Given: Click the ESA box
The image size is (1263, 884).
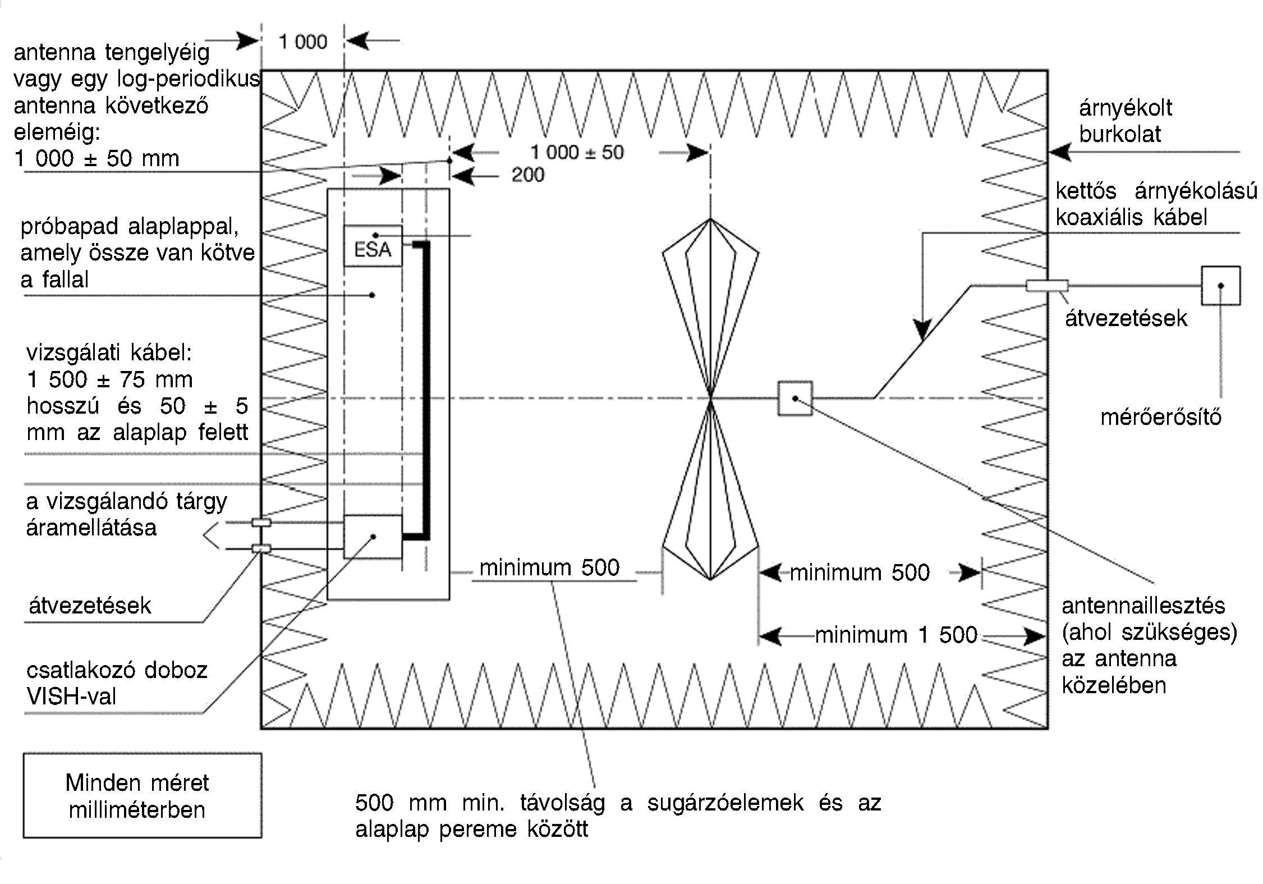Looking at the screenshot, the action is [x=373, y=246].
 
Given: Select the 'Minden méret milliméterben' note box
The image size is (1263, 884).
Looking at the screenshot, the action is [x=143, y=795].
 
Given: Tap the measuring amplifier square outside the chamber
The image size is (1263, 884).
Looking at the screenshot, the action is [x=1220, y=286].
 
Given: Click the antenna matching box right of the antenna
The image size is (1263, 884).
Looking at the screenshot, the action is [x=795, y=399].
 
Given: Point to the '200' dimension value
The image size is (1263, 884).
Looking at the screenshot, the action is [x=527, y=175].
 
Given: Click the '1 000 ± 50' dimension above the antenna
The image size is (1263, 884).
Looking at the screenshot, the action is [x=577, y=152].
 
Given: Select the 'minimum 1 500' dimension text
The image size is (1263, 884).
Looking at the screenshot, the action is [x=896, y=635].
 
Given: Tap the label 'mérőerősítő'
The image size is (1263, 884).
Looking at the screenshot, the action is [x=1161, y=417].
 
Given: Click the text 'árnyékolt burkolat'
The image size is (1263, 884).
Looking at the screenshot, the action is [x=1125, y=121].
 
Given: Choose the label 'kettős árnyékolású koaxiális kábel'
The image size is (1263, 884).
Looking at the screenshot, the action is [x=1156, y=204].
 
